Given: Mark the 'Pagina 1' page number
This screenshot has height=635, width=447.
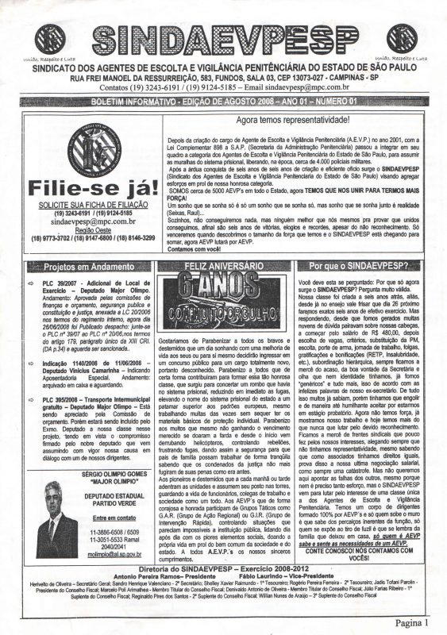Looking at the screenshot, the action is [x=418, y=624].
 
